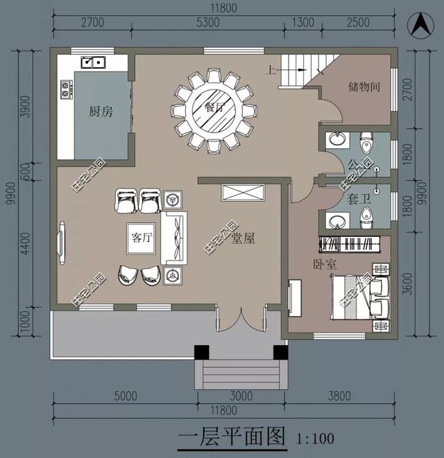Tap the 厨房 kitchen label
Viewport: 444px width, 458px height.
pos(101,111)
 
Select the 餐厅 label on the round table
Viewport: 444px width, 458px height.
pos(215,109)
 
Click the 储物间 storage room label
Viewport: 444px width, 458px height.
pos(364,87)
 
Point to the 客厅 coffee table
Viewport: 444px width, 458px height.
pos(142,238)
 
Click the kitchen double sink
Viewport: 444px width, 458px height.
pos(92,62)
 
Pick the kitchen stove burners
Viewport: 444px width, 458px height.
pos(67,89)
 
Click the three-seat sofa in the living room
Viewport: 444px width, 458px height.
pos(174,238)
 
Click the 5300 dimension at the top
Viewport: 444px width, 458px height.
pos(207,22)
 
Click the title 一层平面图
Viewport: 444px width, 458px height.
pos(232,437)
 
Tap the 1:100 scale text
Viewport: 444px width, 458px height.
pos(315,438)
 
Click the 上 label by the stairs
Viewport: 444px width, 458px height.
pos(269,69)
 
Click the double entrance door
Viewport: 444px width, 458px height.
pos(239,321)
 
